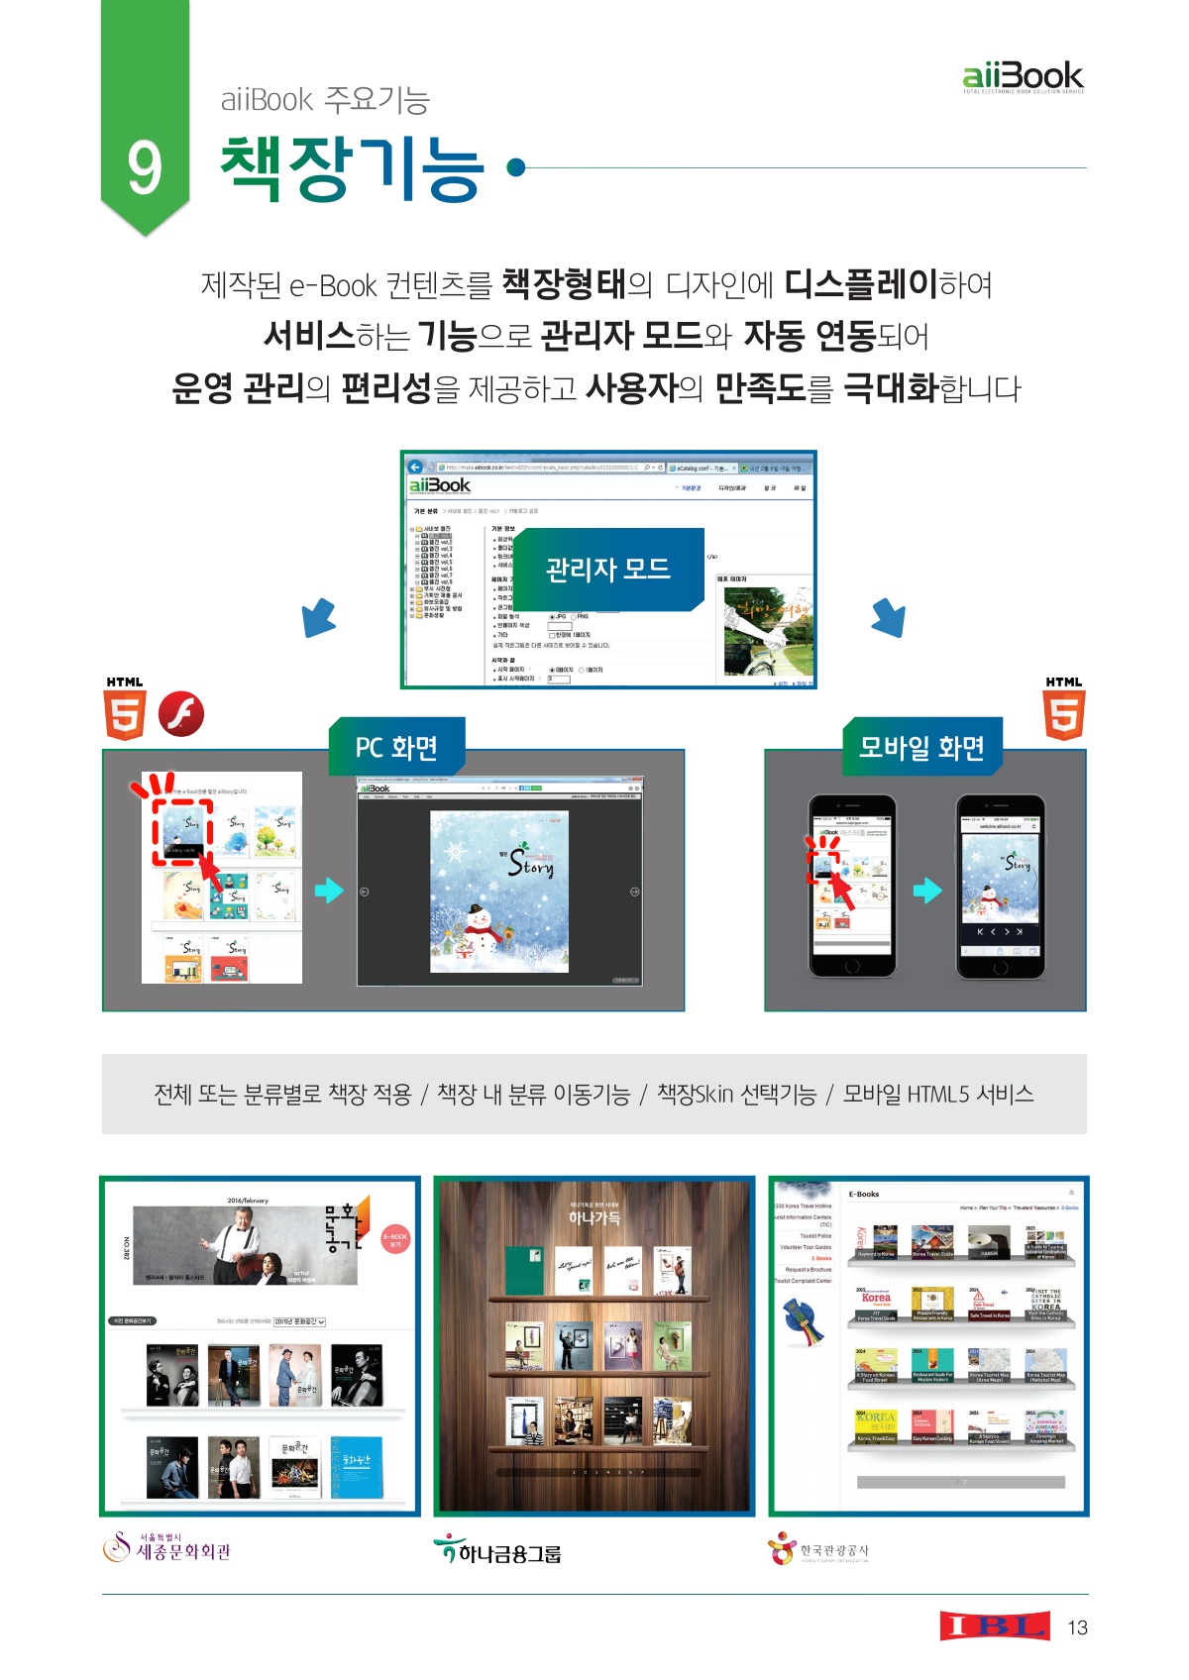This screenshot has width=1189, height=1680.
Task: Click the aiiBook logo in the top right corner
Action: pyautogui.click(x=1023, y=76)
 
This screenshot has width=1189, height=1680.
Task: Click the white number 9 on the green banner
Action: pyautogui.click(x=145, y=168)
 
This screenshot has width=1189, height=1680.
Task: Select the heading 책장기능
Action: pyautogui.click(x=352, y=168)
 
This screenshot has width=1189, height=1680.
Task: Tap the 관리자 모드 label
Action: pyautogui.click(x=608, y=569)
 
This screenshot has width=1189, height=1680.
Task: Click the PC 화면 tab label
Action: pyautogui.click(x=396, y=747)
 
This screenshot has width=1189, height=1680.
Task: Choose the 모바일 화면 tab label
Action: pyautogui.click(x=921, y=747)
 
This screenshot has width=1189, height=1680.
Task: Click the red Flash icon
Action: pyautogui.click(x=181, y=713)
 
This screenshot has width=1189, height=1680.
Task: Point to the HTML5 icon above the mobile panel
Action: pyautogui.click(x=1064, y=709)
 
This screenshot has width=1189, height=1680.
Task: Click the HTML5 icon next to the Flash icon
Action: pyautogui.click(x=125, y=709)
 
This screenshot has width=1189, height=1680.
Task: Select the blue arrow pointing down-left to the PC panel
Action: pyautogui.click(x=319, y=617)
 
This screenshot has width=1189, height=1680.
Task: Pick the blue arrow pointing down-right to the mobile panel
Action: pyautogui.click(x=889, y=617)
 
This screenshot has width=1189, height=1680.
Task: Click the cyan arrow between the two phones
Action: pyautogui.click(x=926, y=890)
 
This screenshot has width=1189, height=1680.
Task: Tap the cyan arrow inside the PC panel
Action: pyautogui.click(x=328, y=890)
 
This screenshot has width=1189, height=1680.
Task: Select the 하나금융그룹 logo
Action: pyautogui.click(x=496, y=1550)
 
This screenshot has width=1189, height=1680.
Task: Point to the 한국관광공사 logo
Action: pyautogui.click(x=818, y=1549)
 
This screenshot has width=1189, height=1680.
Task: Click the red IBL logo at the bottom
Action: pyautogui.click(x=995, y=1626)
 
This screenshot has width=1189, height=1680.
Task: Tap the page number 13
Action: pyautogui.click(x=1077, y=1627)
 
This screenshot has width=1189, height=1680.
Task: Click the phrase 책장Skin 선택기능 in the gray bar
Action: pyautogui.click(x=736, y=1094)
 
